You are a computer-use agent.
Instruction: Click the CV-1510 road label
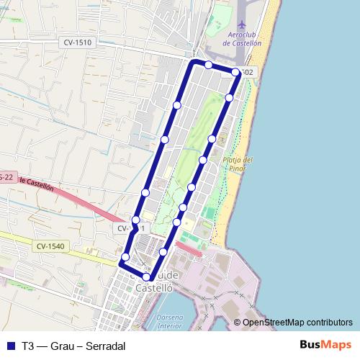[x=77, y=43]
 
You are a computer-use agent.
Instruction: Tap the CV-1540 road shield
[x=49, y=246]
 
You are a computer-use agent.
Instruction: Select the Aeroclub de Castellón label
[x=243, y=39]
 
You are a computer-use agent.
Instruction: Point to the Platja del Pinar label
[x=238, y=164]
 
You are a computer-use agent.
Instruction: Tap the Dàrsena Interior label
[x=170, y=322]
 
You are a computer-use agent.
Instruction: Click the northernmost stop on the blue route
[x=209, y=65]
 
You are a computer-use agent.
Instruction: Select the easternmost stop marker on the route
[x=236, y=72]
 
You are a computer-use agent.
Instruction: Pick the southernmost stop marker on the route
[x=146, y=277]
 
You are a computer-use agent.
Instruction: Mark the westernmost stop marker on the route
[x=125, y=257]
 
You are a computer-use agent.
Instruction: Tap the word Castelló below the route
[x=154, y=287]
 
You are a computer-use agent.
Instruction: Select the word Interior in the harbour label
[x=171, y=326]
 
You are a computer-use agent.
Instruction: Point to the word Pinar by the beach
[x=238, y=168]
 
